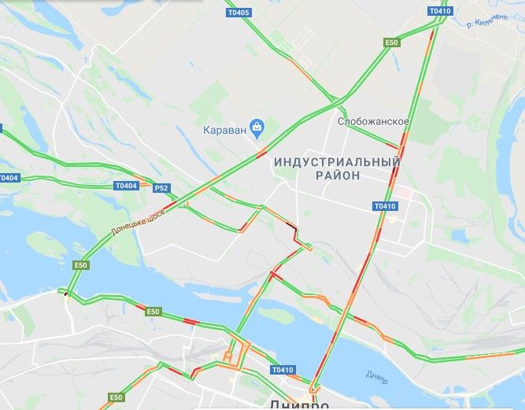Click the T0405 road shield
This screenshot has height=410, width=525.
(238, 13)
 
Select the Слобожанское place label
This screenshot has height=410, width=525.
(373, 122)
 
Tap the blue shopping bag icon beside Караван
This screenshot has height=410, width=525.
(257, 127)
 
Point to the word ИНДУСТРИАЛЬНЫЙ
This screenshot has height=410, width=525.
(337, 161)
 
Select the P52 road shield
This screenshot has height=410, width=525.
(161, 188)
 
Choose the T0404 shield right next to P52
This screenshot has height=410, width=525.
(126, 186)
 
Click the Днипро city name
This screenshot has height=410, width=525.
(298, 404)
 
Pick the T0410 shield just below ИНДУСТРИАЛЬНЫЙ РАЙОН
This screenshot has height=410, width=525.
(385, 206)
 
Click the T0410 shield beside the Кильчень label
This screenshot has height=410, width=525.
(441, 11)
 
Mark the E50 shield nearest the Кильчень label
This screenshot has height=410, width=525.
(391, 42)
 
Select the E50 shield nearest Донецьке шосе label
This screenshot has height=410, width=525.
(79, 266)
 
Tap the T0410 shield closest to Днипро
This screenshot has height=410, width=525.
(283, 370)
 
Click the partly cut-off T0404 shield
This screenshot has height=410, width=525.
(9, 178)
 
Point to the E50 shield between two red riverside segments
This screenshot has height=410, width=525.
(153, 312)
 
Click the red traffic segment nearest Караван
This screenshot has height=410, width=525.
(261, 153)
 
